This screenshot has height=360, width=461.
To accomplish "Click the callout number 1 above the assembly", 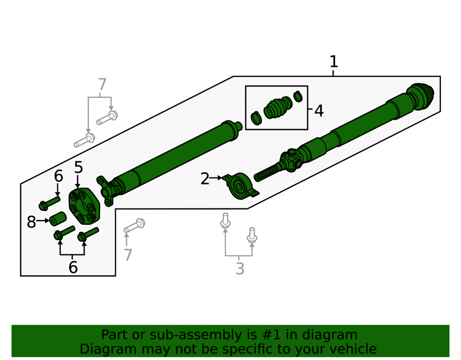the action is click(x=333, y=62).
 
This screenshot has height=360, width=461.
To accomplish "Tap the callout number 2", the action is click(x=205, y=179).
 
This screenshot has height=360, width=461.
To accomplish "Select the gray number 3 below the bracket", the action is click(x=240, y=269).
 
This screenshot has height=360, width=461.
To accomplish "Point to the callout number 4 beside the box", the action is click(x=319, y=111).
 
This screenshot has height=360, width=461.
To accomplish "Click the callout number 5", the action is click(x=78, y=167).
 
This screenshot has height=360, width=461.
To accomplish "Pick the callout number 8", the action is click(x=31, y=222).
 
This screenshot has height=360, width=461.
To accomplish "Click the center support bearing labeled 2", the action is click(x=241, y=186).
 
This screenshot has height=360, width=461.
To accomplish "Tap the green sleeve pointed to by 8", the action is click(x=58, y=218).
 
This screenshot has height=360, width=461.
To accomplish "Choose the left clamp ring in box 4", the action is click(x=256, y=118).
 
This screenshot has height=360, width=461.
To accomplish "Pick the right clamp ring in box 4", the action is click(x=298, y=96).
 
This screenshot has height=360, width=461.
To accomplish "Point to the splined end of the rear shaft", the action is click(x=266, y=173).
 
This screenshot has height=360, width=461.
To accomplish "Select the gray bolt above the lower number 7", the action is click(x=134, y=225).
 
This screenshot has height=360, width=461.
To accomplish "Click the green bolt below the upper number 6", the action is click(x=49, y=203).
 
